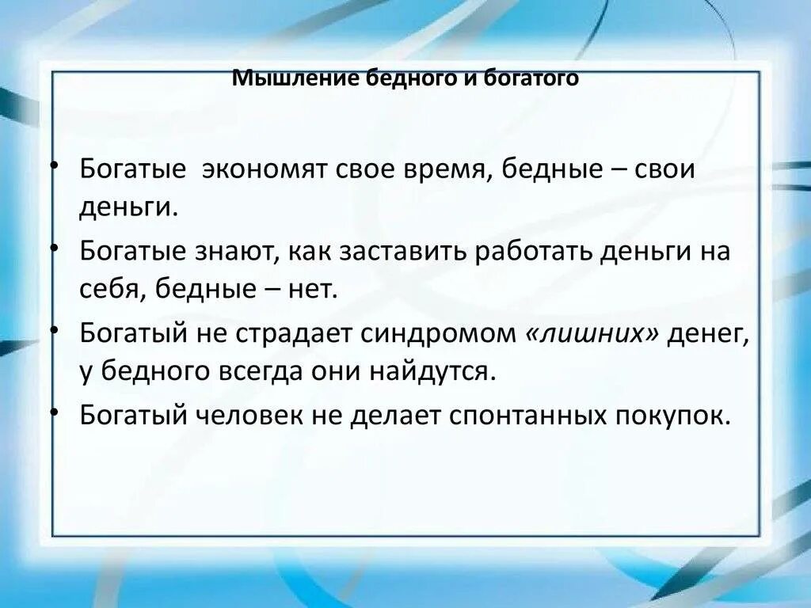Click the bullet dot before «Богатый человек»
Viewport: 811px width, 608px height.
click(x=53, y=411)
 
